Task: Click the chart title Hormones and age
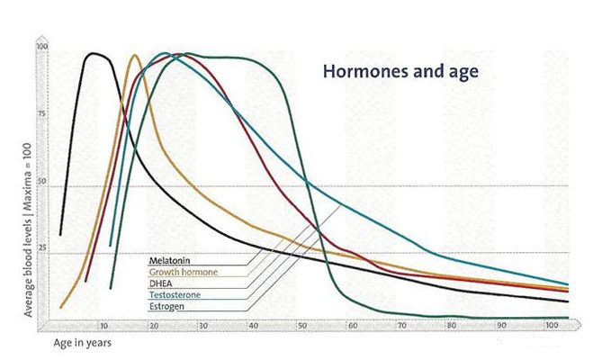(400, 72)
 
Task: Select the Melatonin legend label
(169, 260)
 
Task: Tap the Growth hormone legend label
(184, 272)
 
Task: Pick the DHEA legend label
(160, 283)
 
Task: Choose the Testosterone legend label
(175, 294)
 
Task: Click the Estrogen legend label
(166, 306)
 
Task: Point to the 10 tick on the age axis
(104, 326)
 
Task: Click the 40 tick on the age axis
(253, 326)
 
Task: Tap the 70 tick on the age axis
(401, 326)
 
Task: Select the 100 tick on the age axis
(552, 325)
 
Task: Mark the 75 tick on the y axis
(41, 113)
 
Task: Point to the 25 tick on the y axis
(41, 248)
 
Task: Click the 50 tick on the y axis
(41, 181)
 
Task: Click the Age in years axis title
(83, 343)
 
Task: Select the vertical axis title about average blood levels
(28, 229)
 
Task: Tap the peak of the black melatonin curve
(93, 53)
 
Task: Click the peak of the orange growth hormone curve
(134, 55)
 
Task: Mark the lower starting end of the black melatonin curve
(60, 235)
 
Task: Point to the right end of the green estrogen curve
(569, 318)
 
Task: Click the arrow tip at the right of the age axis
(580, 325)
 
